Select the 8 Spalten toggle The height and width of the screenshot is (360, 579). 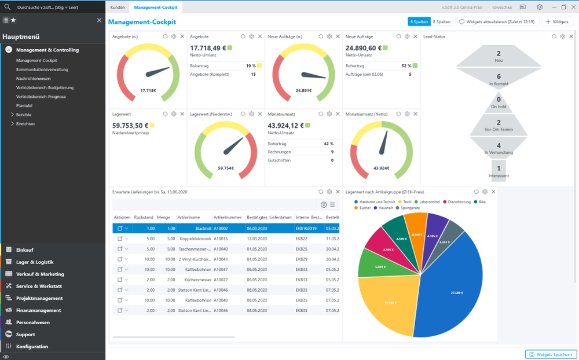[441, 22]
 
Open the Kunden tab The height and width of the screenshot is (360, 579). [118, 7]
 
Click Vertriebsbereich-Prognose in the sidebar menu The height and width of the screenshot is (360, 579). [41, 97]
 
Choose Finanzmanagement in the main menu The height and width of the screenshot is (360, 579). [38, 310]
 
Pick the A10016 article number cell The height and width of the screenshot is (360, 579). [221, 238]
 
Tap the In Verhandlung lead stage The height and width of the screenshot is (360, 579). [499, 148]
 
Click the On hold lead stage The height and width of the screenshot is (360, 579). [499, 102]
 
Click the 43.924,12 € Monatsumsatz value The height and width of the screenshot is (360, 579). [286, 126]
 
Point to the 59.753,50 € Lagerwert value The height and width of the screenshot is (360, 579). [130, 126]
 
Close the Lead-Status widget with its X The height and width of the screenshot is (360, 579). [571, 36]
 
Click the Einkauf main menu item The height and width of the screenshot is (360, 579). [24, 250]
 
